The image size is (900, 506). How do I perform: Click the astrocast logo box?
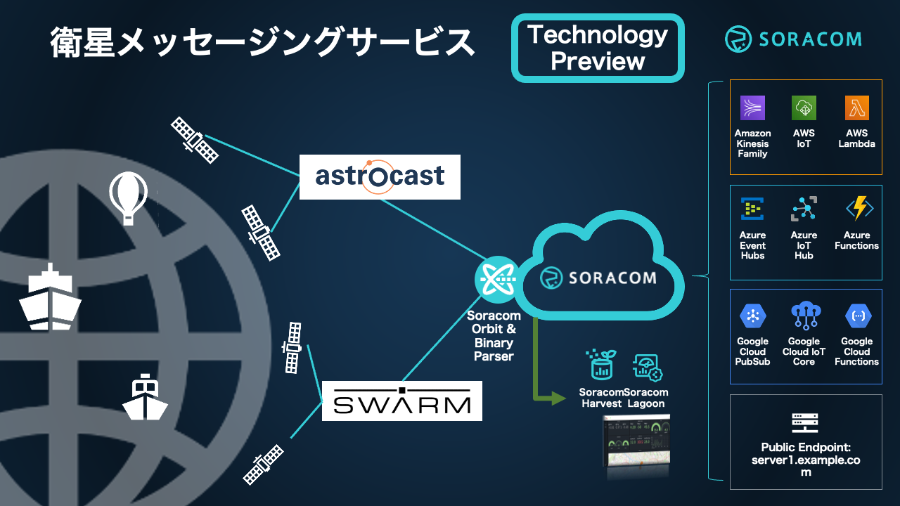380,176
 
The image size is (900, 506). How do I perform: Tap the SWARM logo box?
401,401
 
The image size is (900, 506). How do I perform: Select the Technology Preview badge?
598,48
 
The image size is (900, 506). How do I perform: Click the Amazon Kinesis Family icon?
752,108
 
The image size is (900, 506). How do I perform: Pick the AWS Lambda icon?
856,108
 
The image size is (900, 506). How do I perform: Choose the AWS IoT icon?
804,108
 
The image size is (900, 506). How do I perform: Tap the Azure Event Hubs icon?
752,209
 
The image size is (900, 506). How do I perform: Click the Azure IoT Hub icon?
804,209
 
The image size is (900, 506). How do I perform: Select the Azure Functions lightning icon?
858,209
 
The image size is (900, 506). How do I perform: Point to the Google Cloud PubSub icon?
752,316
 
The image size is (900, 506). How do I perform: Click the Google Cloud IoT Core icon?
804,316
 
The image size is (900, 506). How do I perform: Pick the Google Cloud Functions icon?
858,316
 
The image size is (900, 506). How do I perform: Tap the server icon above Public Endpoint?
806,422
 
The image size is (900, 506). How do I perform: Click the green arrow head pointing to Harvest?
558,398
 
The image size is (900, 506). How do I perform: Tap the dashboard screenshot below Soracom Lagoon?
637,443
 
